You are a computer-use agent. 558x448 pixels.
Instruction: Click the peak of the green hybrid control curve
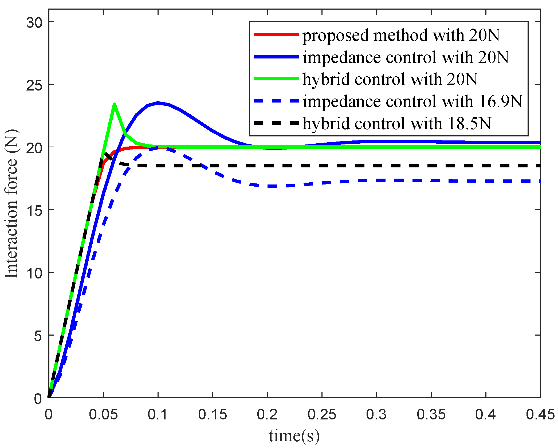click(114, 104)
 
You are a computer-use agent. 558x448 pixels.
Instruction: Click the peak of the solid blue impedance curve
click(158, 103)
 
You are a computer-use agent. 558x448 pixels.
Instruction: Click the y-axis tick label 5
click(38, 336)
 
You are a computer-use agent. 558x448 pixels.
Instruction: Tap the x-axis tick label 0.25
click(322, 415)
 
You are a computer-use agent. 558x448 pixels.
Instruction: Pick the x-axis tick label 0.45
click(540, 415)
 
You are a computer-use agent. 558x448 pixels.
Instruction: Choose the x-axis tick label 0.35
click(431, 415)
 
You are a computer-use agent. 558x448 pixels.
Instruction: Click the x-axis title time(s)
click(294, 436)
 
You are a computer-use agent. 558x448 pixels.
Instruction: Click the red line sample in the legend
click(276, 35)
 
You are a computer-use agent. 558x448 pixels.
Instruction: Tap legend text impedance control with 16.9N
click(412, 101)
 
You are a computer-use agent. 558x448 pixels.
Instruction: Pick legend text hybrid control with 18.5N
click(397, 124)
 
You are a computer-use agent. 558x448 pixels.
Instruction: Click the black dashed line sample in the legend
click(276, 123)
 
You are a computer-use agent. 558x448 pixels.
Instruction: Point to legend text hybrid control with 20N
click(390, 79)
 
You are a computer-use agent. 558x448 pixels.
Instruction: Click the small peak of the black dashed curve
click(105, 153)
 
